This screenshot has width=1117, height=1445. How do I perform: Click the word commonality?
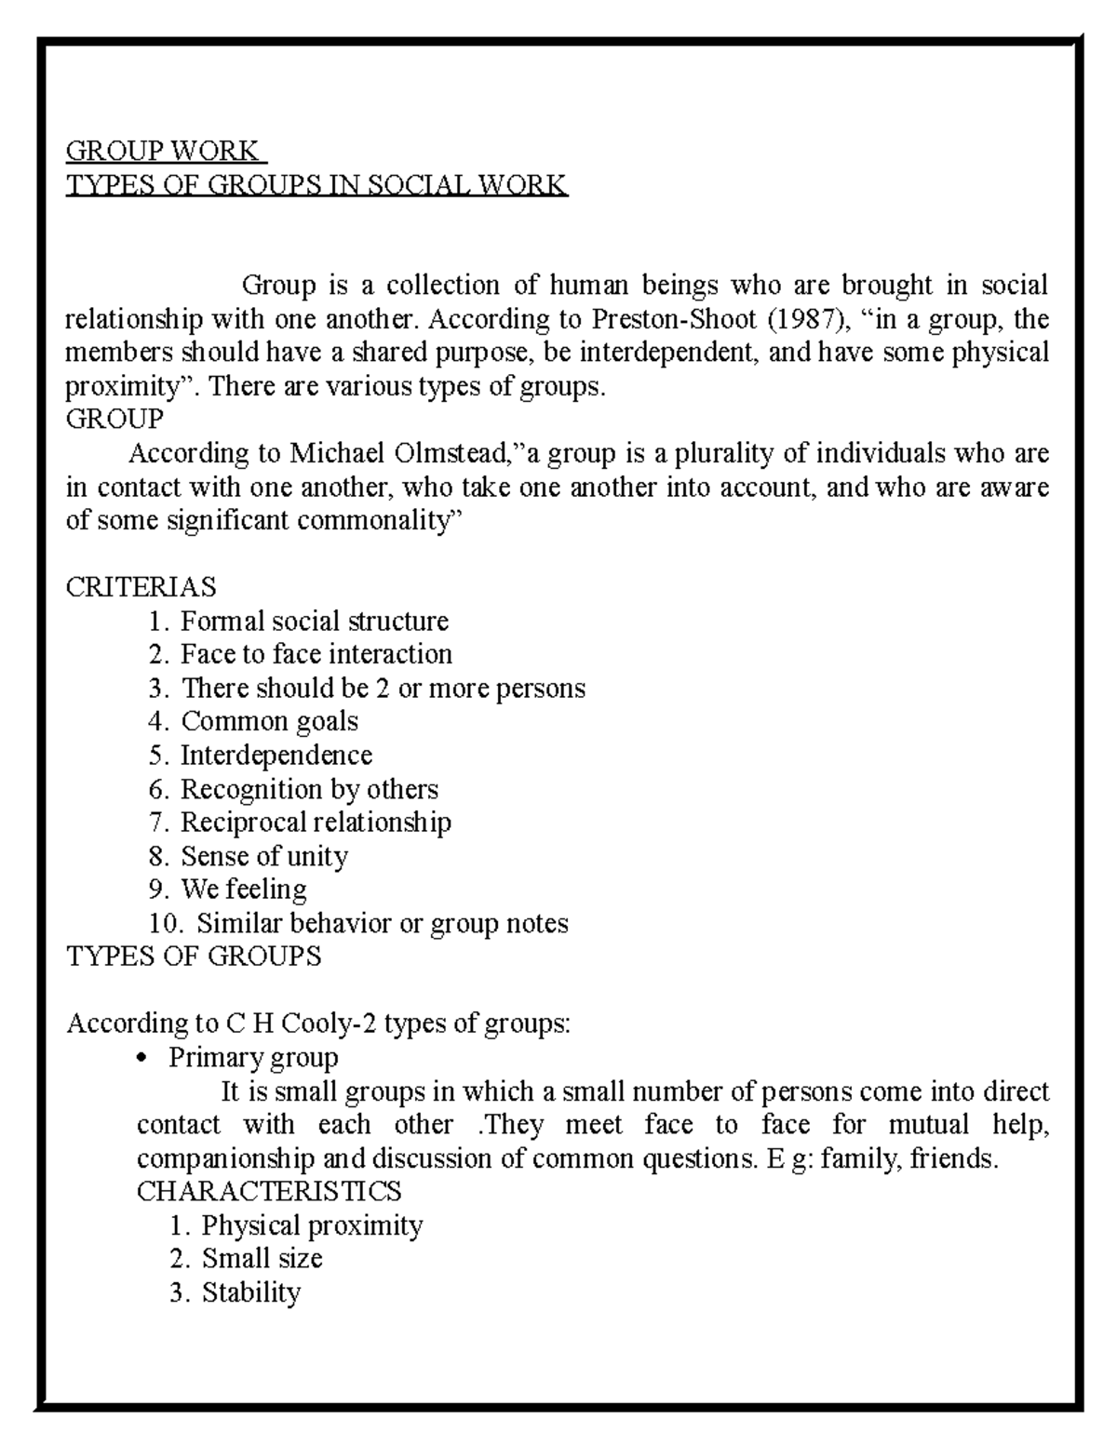pos(372,521)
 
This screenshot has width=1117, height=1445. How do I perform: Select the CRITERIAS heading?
pos(141,587)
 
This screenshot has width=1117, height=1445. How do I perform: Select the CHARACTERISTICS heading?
pos(269,1191)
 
